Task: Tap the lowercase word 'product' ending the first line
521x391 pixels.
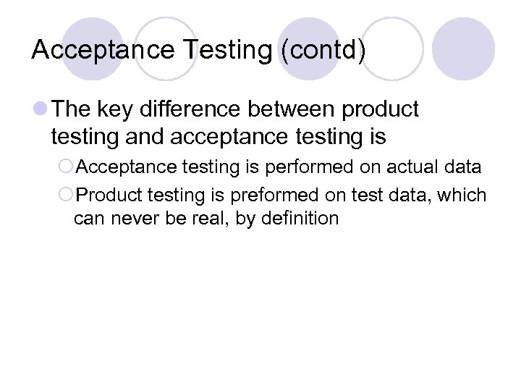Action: pyautogui.click(x=381, y=109)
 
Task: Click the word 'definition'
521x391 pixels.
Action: pyautogui.click(x=300, y=218)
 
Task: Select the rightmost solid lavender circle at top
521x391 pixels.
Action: pyautogui.click(x=463, y=49)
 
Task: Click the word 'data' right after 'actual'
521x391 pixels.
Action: pyautogui.click(x=462, y=167)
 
